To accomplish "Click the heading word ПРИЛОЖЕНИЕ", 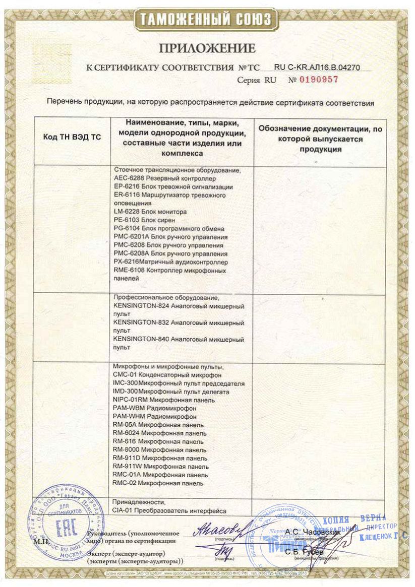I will click(207, 48).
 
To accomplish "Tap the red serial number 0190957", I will click(319, 79).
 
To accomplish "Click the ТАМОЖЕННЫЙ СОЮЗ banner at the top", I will click(207, 20).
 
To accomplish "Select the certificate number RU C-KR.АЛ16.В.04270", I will click(317, 67).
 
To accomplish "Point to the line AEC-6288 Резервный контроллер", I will click(165, 178).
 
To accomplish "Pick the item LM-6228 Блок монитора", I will click(151, 212).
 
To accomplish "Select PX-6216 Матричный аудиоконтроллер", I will click(171, 262).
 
